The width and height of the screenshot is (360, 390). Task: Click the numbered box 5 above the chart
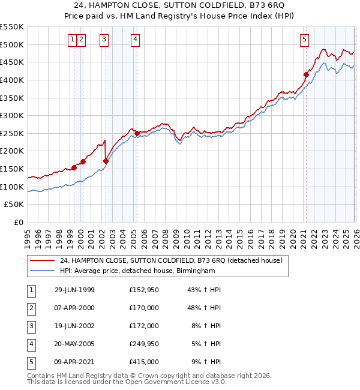(x=305, y=40)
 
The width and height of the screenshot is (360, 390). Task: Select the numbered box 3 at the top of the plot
(x=104, y=40)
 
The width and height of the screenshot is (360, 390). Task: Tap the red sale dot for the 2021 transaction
(x=306, y=75)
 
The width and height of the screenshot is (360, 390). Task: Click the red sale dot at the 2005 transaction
(x=137, y=133)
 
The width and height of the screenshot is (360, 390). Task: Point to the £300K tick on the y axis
(x=13, y=115)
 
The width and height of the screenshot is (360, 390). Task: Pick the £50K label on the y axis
(x=15, y=205)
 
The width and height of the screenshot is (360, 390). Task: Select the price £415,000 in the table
(x=144, y=362)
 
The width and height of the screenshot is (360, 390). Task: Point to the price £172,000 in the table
(x=144, y=326)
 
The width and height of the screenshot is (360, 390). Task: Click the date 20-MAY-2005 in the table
(x=74, y=344)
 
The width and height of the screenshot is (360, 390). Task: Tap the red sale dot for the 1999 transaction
(x=74, y=167)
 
